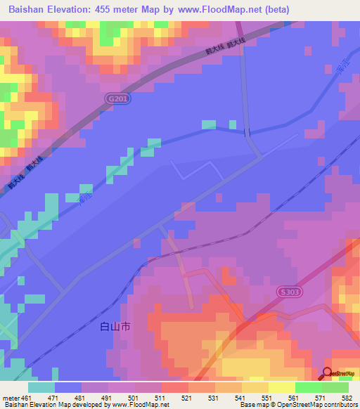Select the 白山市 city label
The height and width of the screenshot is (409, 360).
click(115, 327)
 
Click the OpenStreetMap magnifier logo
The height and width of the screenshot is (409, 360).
click(327, 372)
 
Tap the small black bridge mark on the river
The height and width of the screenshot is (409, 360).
click(246, 132)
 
